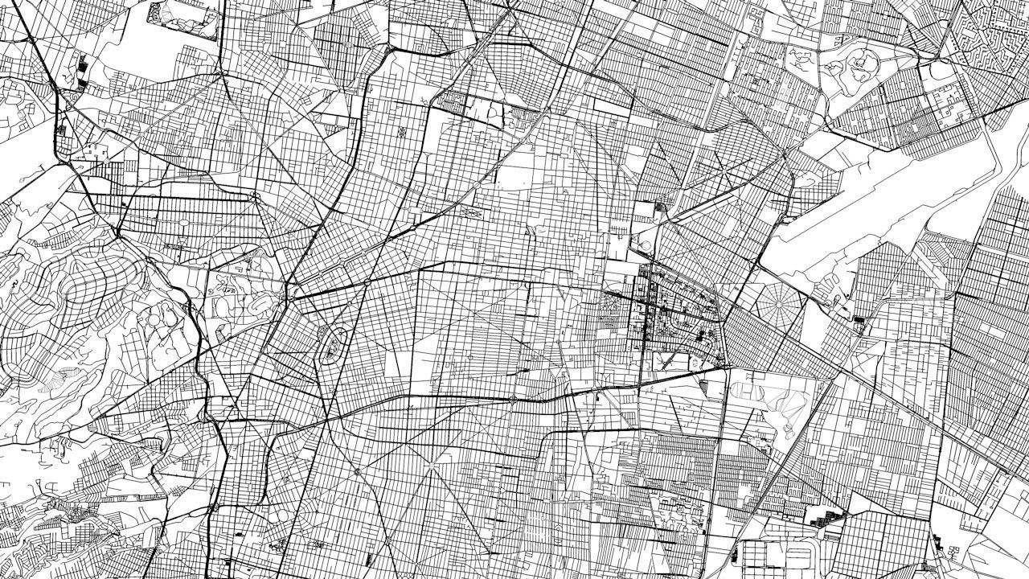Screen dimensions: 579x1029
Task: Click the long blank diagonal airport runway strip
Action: pyautogui.click(x=876, y=193)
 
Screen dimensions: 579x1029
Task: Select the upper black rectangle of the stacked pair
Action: pyautogui.click(x=82, y=60)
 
